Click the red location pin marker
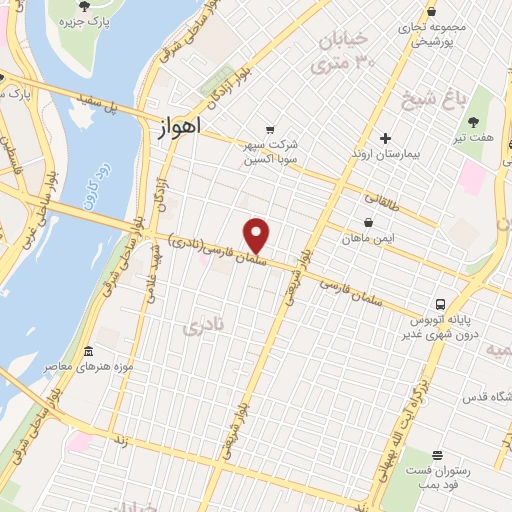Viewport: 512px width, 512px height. [x=258, y=235]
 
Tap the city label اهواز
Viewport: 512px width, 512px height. [x=179, y=127]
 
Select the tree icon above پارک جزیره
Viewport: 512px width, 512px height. [x=96, y=6]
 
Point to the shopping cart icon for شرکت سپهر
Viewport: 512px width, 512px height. [x=269, y=129]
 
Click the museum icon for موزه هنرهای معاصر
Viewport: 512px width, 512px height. [x=88, y=353]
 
